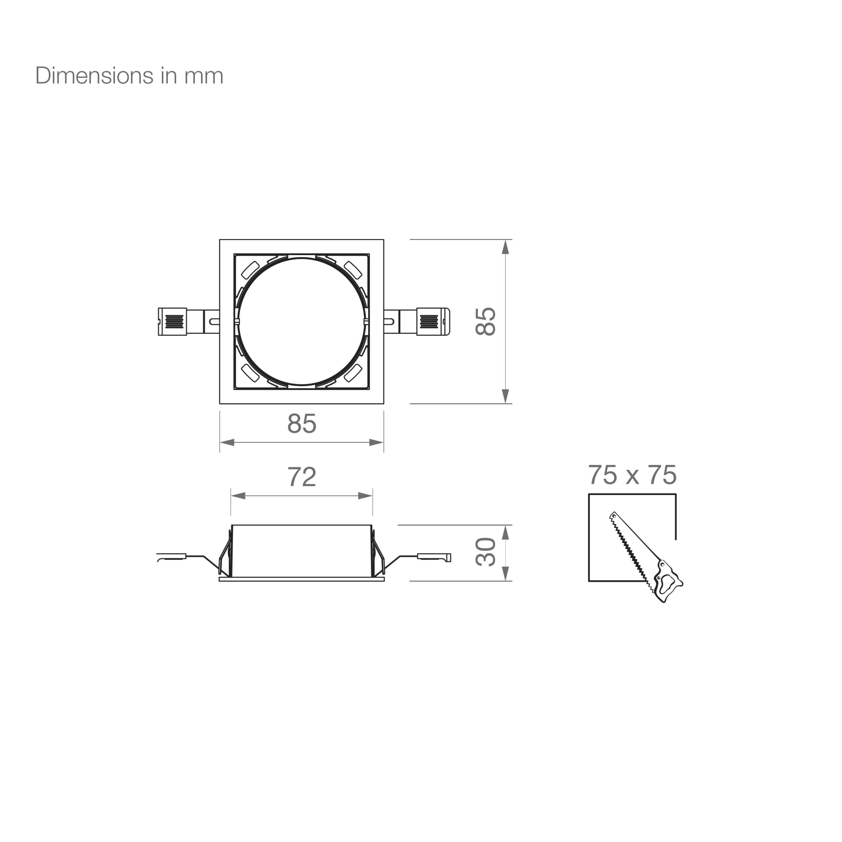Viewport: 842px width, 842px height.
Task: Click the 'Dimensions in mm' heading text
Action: pos(129,76)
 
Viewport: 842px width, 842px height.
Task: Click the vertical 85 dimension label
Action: pos(485,322)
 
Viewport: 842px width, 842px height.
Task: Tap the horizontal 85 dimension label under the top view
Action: pos(301,423)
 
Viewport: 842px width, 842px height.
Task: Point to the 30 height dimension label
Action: pos(485,552)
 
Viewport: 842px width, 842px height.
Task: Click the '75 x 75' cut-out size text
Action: pos(632,474)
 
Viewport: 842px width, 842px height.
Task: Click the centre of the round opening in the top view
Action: pos(301,322)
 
